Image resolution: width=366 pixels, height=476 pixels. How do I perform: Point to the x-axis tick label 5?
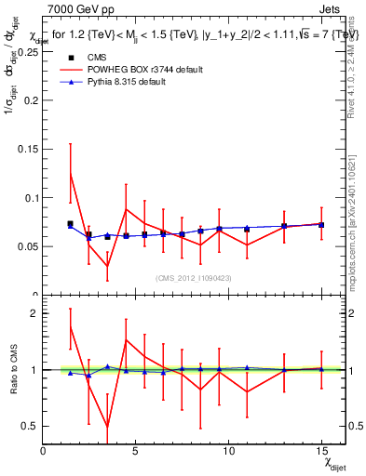136,451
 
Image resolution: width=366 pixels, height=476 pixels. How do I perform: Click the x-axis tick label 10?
228,451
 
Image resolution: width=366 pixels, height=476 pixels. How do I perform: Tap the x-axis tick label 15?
321,451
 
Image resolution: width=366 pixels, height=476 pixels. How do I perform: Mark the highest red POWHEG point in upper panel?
71,173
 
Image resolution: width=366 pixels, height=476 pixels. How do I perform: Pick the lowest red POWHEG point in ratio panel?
108,427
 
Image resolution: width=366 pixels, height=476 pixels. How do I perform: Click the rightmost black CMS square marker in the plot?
321,225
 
